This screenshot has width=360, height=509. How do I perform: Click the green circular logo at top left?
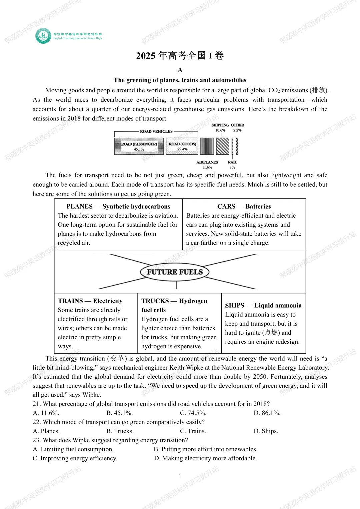(43, 36)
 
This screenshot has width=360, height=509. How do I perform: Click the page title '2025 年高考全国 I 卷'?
(180, 55)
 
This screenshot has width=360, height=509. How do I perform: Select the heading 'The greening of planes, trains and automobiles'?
(180, 80)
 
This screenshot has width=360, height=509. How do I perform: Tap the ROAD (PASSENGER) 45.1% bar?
(139, 146)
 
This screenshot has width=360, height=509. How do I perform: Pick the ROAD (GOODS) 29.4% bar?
(182, 146)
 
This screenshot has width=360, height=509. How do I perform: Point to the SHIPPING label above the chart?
(220, 125)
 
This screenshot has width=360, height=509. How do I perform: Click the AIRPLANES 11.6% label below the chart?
(207, 164)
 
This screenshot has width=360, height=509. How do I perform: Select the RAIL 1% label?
(232, 164)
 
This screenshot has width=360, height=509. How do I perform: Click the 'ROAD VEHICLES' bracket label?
(156, 131)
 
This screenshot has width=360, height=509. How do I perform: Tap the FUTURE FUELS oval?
(175, 272)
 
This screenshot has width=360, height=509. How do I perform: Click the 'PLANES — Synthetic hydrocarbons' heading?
(118, 206)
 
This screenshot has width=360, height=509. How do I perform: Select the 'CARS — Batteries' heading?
(244, 206)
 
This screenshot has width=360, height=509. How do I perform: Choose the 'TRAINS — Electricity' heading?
(90, 301)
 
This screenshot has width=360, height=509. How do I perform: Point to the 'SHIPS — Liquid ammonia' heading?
(263, 305)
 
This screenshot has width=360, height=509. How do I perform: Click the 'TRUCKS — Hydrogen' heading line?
(174, 301)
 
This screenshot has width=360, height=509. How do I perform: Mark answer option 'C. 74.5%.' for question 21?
(193, 413)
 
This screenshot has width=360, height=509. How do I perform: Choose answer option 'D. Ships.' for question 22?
(266, 431)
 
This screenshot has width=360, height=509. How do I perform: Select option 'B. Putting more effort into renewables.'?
(205, 449)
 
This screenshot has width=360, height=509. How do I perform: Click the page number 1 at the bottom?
(180, 476)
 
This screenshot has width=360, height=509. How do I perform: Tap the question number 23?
(36, 440)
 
